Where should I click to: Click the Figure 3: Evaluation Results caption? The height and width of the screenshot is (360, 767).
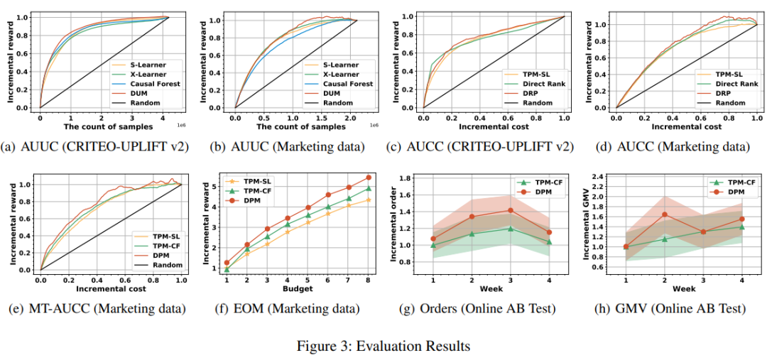383,347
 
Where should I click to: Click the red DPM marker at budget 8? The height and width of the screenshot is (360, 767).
369,178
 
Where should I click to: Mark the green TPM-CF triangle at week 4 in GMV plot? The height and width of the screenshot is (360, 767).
742,227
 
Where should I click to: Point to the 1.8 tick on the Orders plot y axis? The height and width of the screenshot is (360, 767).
406,178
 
